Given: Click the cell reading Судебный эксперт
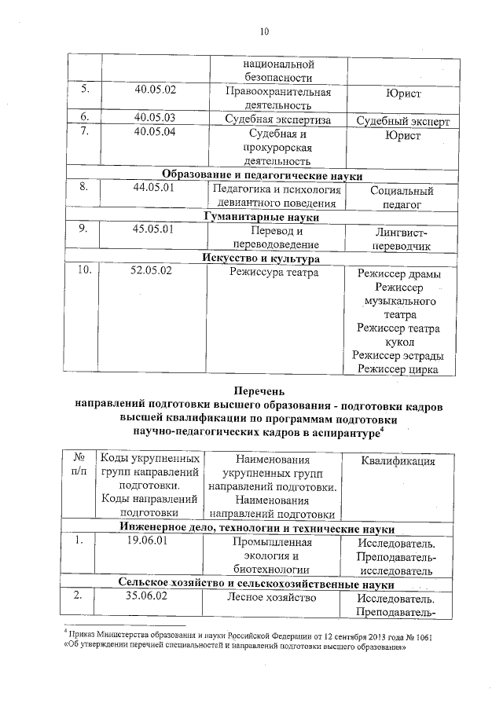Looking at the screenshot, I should point(402,122).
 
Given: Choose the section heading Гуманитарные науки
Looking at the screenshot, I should point(262,217).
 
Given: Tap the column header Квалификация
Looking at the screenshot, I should point(398,461).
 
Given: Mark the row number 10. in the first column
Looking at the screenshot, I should point(83,272).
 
